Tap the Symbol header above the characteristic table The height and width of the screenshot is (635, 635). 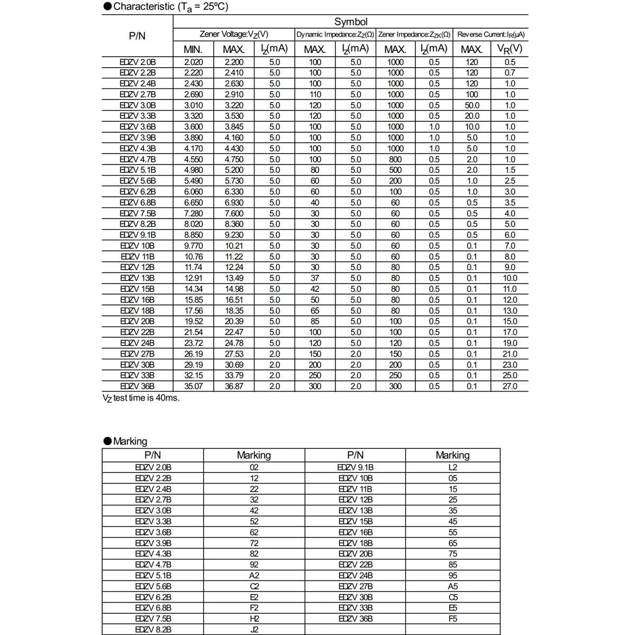[350, 22]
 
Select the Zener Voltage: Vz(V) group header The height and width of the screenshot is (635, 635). [234, 34]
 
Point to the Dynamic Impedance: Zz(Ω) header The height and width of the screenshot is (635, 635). [335, 34]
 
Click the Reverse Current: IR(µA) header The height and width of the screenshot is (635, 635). [491, 34]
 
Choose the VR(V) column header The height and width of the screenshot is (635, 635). [510, 49]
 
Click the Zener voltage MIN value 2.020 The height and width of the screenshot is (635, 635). [193, 62]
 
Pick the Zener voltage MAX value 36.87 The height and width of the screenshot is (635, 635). [234, 386]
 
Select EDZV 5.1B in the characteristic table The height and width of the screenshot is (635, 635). [138, 170]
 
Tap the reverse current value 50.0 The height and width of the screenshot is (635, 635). [471, 105]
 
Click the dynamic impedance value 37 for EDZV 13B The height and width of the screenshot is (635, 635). [315, 278]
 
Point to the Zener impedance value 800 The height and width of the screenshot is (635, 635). [395, 159]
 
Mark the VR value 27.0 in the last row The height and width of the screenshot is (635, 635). [510, 386]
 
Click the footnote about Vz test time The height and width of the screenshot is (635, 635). [141, 398]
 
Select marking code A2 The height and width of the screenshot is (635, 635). [254, 575]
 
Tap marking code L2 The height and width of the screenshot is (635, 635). [452, 467]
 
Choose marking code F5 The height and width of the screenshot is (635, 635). [452, 619]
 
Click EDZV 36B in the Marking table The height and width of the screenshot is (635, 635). [355, 619]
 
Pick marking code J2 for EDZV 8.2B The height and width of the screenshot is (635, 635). [254, 630]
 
